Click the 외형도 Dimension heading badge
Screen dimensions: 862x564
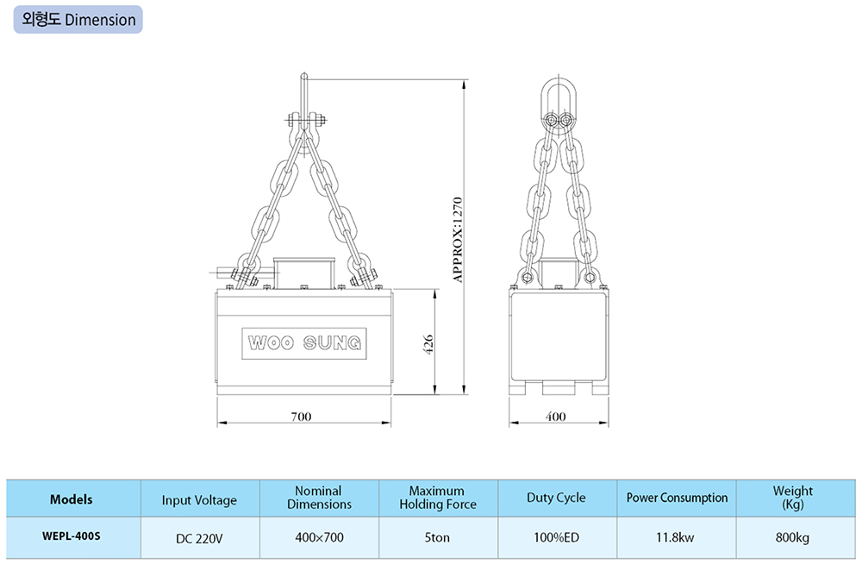click(x=78, y=20)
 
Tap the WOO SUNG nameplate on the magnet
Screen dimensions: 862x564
click(x=304, y=343)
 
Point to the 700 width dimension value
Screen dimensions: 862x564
click(x=301, y=417)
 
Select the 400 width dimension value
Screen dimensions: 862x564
click(x=555, y=417)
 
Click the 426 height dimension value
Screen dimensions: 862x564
click(x=428, y=344)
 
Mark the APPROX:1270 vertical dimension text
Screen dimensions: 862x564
click(x=458, y=240)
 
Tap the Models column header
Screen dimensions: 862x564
click(x=71, y=499)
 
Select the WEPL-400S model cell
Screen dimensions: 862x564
click(x=72, y=536)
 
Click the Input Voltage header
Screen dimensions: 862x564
click(x=199, y=500)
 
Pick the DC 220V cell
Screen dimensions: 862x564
click(x=199, y=538)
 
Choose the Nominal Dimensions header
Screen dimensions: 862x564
click(x=319, y=498)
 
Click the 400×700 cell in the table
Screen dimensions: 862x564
click(x=319, y=537)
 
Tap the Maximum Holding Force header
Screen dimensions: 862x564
click(x=438, y=498)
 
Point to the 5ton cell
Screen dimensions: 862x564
click(x=437, y=537)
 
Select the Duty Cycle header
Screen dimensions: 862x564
click(x=556, y=498)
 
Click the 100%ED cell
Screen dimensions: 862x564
click(x=556, y=537)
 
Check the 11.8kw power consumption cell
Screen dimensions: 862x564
click(x=675, y=537)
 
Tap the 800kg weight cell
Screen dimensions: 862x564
click(x=792, y=537)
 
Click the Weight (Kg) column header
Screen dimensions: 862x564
click(x=793, y=498)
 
